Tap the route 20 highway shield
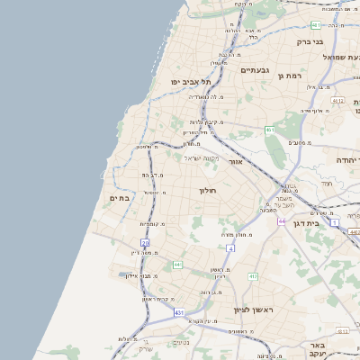tap(145, 243)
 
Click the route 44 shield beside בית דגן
tap(282, 220)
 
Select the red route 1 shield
tap(334, 220)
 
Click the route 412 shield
tap(253, 276)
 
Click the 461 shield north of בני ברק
tap(314, 25)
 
